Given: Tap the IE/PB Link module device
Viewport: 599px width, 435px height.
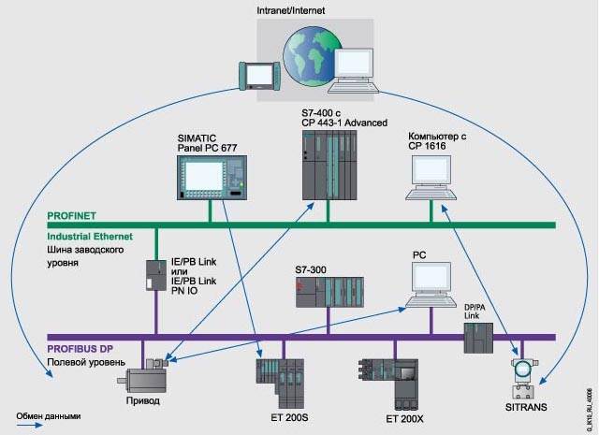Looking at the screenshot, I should pyautogui.click(x=153, y=275).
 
